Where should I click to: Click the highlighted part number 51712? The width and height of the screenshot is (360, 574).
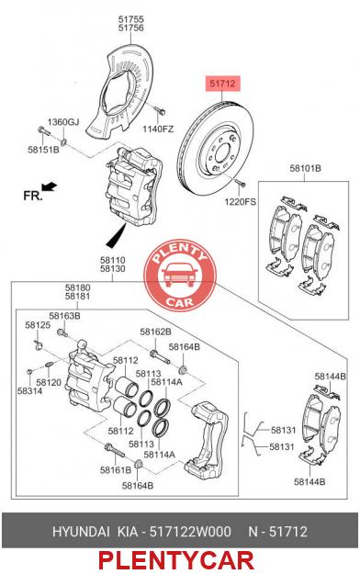click(x=222, y=84)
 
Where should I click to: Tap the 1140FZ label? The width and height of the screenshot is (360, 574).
click(x=158, y=129)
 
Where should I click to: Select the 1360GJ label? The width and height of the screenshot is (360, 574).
click(x=63, y=122)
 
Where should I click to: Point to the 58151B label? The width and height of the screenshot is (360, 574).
click(x=43, y=150)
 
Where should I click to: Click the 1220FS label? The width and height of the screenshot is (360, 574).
click(x=241, y=202)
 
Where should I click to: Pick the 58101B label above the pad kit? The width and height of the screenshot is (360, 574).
click(x=306, y=168)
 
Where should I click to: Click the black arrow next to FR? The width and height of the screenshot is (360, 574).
click(x=50, y=186)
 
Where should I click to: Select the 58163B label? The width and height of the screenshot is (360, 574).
click(x=65, y=316)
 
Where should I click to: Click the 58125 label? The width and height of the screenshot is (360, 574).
click(x=38, y=325)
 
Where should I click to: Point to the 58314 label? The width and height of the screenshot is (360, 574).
click(x=29, y=391)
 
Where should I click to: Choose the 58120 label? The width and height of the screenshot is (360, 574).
click(x=49, y=383)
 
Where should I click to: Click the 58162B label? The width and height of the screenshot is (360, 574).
click(x=155, y=332)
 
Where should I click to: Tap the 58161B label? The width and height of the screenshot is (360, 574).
click(x=116, y=469)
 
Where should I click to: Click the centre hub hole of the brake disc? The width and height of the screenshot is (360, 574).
click(x=222, y=152)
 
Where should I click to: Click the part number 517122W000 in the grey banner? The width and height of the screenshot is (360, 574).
click(x=190, y=531)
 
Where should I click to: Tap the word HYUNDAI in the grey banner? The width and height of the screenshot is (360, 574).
click(x=81, y=531)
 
